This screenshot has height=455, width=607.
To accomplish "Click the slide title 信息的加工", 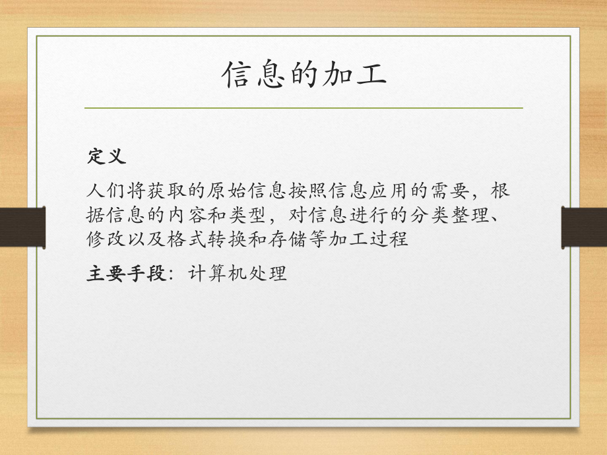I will point(303,75).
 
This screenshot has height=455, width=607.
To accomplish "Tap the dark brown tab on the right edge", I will point(584,228).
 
